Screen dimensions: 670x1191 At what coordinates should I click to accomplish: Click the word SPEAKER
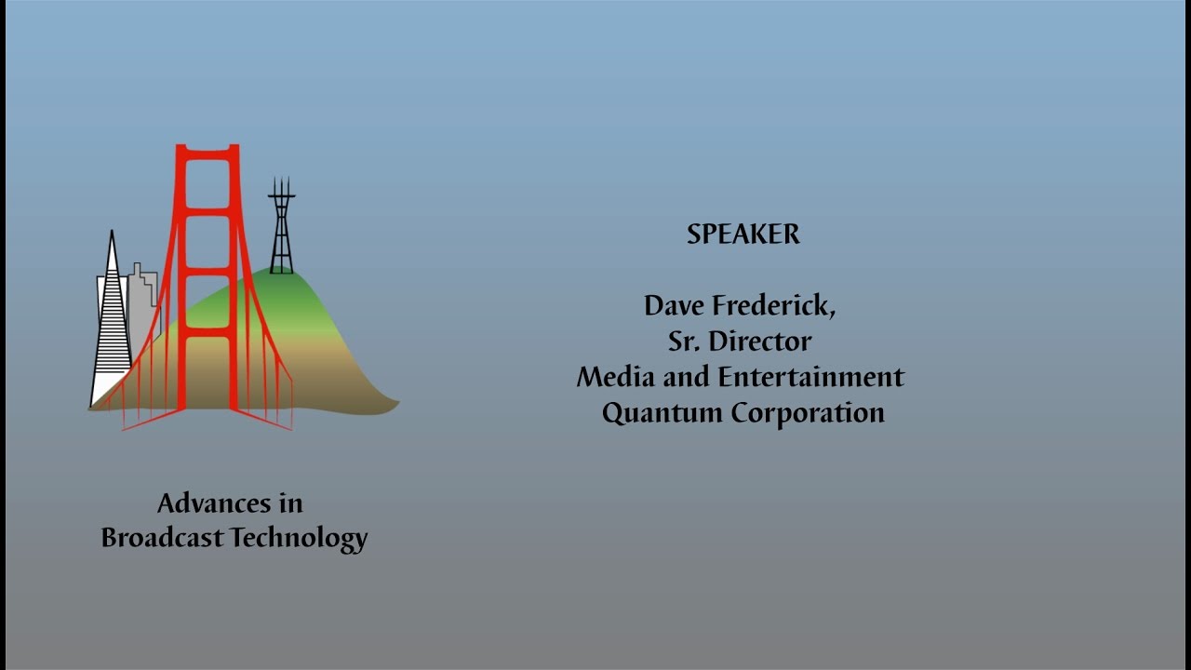coord(743,234)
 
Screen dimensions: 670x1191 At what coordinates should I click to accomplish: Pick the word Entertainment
coord(810,377)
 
